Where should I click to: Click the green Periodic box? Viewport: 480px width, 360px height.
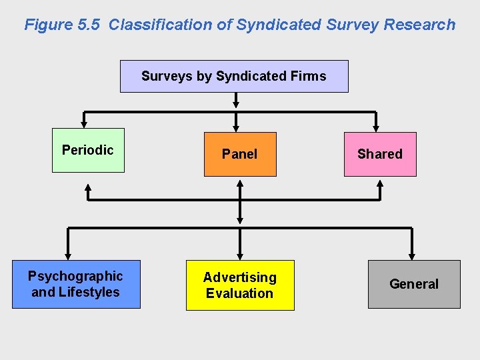pyautogui.click(x=88, y=150)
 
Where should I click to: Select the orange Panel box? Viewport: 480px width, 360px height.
pyautogui.click(x=239, y=154)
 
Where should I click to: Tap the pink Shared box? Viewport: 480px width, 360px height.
pyautogui.click(x=379, y=154)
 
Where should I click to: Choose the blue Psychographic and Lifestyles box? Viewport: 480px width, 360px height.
pyautogui.click(x=76, y=284)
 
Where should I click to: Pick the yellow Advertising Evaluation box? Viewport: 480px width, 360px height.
pyautogui.click(x=239, y=285)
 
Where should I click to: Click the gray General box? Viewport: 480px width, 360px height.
pyautogui.click(x=414, y=284)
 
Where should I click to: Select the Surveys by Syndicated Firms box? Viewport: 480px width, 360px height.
pyautogui.click(x=233, y=76)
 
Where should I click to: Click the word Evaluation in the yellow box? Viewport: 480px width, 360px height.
pyautogui.click(x=239, y=293)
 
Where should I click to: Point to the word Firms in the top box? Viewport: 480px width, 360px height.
pyautogui.click(x=308, y=76)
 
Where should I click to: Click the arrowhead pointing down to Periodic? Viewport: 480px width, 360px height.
pyautogui.click(x=84, y=123)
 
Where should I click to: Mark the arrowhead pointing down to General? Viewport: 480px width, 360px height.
pyautogui.click(x=412, y=255)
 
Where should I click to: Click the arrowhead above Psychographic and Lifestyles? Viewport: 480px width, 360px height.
pyautogui.click(x=67, y=255)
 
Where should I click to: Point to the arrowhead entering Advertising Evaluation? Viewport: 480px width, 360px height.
pyautogui.click(x=240, y=255)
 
